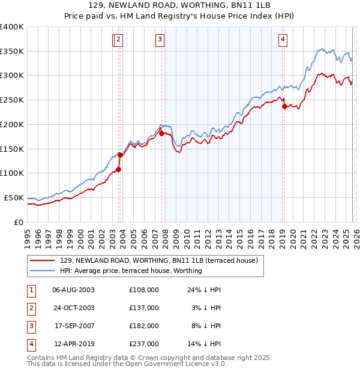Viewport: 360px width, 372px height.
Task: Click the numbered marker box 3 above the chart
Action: pos(160,40)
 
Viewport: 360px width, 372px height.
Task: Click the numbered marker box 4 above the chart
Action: pos(282,40)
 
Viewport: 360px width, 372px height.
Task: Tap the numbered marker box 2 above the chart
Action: pos(119,40)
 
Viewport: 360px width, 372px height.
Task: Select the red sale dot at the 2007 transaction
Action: pos(161,133)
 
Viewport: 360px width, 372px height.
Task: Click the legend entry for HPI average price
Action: pos(131,271)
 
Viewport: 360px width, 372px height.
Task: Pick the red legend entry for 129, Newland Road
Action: pos(159,260)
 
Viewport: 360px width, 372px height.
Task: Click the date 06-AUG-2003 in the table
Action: pos(74,290)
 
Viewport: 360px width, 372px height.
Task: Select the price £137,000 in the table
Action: pos(144,308)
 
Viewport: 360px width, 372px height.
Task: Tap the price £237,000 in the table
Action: pos(144,344)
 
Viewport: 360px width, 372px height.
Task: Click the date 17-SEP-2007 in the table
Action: pos(74,326)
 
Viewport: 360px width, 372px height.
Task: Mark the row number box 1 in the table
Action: pos(31,290)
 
